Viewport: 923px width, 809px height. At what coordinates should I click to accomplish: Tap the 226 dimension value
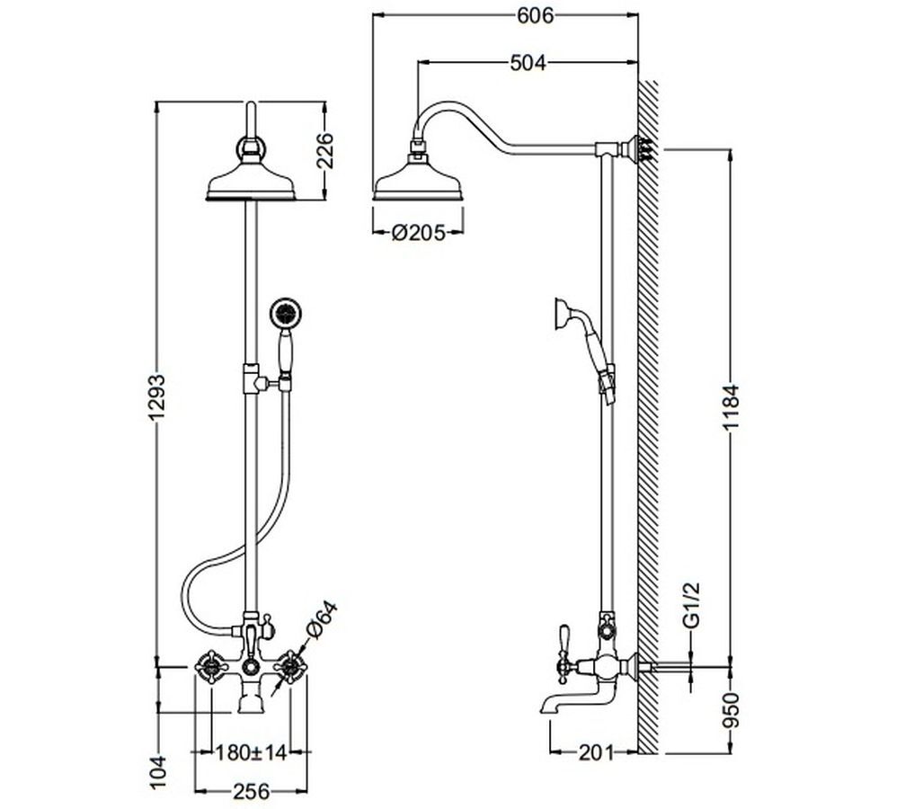(x=324, y=151)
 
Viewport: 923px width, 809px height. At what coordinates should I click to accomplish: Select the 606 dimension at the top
(x=535, y=16)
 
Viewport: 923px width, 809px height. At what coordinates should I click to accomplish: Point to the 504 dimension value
(x=528, y=62)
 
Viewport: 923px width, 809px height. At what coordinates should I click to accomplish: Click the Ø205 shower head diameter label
(x=419, y=233)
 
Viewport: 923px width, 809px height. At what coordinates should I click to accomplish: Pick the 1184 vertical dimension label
(x=730, y=407)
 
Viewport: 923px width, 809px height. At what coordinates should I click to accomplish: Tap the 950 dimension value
(x=730, y=709)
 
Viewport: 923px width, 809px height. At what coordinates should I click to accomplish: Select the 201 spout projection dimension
(x=596, y=752)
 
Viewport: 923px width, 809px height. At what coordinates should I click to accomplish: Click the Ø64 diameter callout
(x=322, y=620)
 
